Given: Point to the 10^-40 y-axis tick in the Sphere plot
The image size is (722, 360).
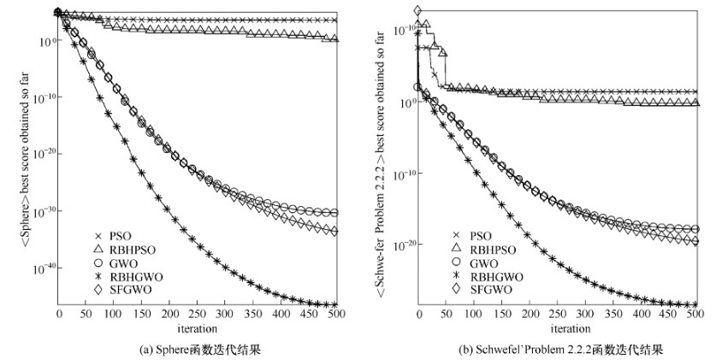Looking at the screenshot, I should point(43,268).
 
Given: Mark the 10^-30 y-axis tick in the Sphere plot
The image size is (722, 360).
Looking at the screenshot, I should point(43,210).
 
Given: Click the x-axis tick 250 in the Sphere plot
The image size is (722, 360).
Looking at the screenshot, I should point(198,316).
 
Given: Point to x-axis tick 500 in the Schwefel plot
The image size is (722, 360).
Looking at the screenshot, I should point(695,316).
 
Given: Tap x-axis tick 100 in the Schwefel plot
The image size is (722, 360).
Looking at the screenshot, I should point(473,316).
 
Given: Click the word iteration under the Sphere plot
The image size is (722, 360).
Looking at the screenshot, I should point(197,328).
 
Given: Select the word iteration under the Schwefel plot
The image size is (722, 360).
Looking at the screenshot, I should point(557,328).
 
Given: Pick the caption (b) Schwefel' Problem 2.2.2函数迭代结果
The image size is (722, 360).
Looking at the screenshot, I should point(556,349).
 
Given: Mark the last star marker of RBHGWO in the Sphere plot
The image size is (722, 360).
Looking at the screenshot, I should point(334,304).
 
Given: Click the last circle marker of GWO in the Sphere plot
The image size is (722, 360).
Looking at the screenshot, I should point(334,213).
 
